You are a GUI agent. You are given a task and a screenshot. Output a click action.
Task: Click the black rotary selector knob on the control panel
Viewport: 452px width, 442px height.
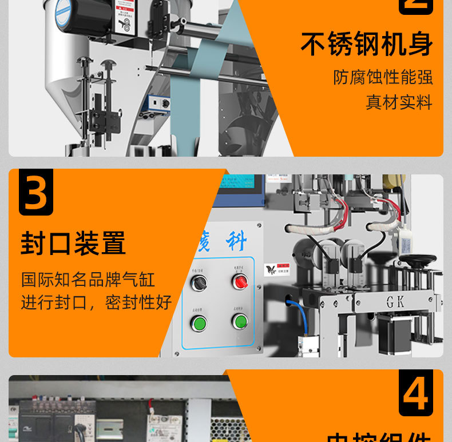(199, 282)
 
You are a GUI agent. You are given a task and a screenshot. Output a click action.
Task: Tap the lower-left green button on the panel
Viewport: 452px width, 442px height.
(199, 324)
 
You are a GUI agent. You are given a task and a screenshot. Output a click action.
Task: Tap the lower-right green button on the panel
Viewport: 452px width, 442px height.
(240, 321)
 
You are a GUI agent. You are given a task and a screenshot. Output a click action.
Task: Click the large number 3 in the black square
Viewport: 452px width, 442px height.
(36, 193)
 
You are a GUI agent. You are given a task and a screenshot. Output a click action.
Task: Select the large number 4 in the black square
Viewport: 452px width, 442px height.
(415, 395)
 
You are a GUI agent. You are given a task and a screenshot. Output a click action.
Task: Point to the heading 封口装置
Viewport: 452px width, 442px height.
(73, 243)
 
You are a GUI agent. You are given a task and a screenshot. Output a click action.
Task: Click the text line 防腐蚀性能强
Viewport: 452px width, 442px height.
(383, 77)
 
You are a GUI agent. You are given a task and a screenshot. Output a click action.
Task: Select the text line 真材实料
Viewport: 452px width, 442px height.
(399, 102)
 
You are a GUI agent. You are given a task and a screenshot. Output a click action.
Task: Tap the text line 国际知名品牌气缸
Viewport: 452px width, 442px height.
(88, 280)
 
